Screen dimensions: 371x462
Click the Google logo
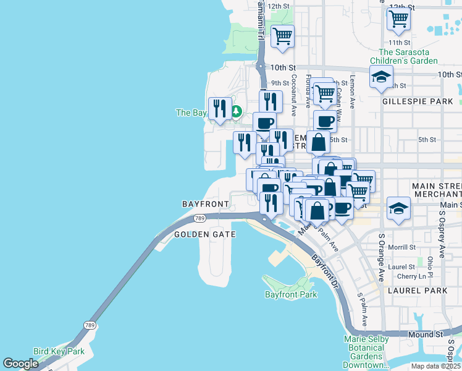21,364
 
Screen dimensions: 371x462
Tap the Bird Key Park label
59,351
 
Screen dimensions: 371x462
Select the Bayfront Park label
291,294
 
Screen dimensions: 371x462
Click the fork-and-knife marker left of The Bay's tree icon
220,108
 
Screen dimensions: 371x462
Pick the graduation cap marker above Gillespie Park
381,78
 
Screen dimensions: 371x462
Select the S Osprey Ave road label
442,234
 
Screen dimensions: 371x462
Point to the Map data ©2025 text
435,366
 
